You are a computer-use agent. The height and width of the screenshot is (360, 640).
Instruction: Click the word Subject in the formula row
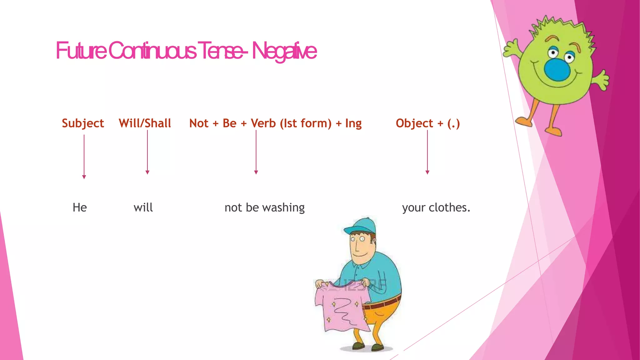click(x=83, y=123)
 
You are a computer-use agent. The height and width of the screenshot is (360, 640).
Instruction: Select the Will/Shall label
click(x=145, y=123)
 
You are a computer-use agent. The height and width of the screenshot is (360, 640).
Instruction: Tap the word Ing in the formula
click(x=353, y=123)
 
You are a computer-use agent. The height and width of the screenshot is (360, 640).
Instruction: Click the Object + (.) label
click(x=428, y=123)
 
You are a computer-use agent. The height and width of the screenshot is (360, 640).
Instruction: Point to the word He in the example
click(x=80, y=207)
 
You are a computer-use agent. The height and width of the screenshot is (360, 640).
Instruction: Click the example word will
click(x=143, y=207)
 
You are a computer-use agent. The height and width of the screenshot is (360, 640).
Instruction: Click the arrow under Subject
click(x=84, y=156)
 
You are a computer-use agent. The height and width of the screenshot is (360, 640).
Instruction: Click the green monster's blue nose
click(x=557, y=69)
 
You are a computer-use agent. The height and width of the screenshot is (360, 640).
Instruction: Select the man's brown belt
click(x=383, y=303)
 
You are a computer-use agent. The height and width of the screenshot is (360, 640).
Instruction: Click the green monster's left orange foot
click(x=524, y=121)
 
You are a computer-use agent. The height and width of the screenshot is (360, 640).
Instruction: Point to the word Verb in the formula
click(x=263, y=123)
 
